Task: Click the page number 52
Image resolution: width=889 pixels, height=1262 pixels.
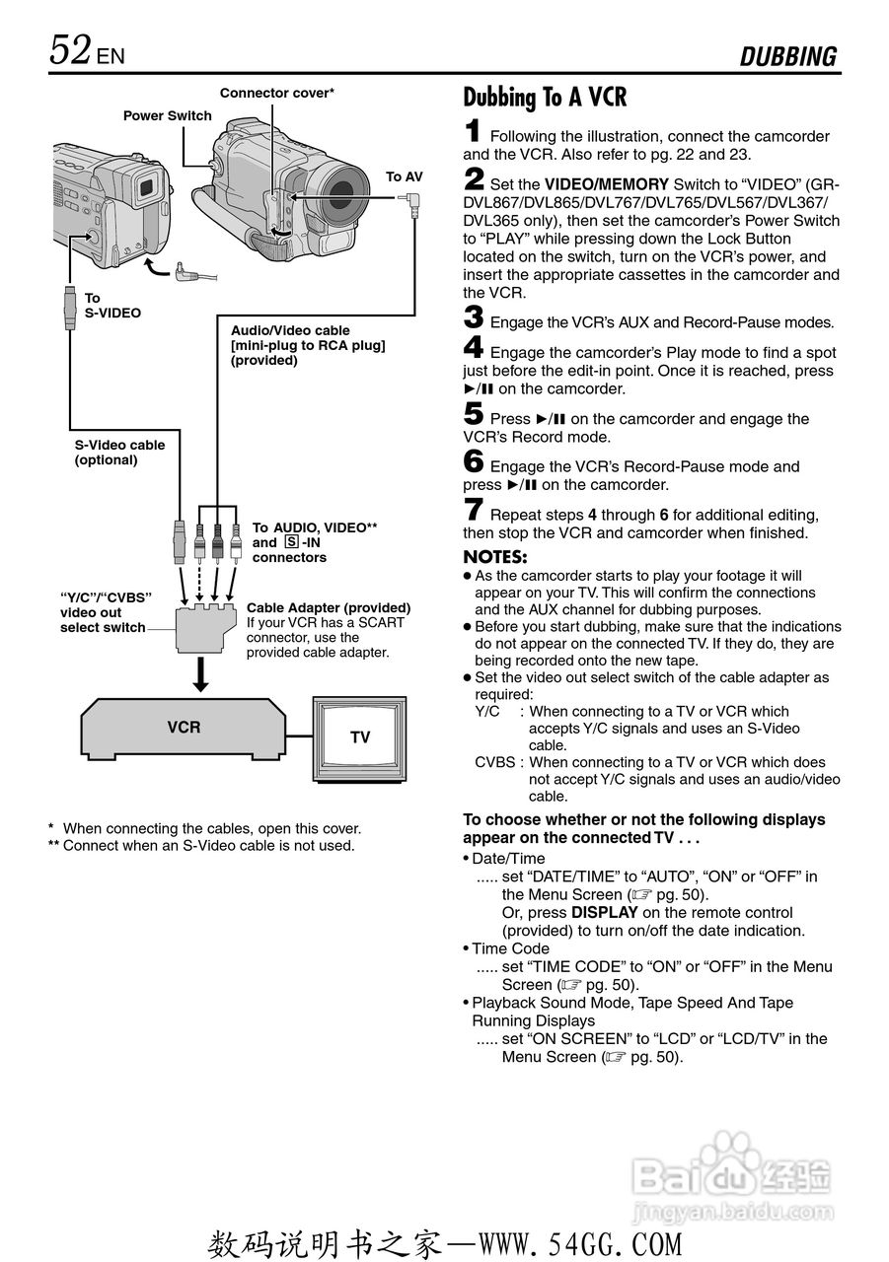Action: click(71, 50)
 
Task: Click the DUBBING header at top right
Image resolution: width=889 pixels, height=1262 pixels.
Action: click(788, 57)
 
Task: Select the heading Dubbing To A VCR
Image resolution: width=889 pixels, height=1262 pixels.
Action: click(545, 98)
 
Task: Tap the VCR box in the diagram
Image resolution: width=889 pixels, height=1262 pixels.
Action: click(184, 728)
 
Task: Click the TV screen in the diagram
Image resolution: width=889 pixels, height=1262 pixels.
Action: click(360, 736)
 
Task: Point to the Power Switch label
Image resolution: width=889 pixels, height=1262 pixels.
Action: click(167, 115)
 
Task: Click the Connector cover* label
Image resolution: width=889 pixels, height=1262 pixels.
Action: click(277, 93)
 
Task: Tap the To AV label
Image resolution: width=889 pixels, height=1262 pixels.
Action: click(404, 176)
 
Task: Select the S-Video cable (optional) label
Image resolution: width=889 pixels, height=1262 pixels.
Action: click(120, 453)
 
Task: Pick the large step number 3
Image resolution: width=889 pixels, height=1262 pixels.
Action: click(474, 318)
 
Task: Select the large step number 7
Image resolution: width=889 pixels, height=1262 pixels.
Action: click(474, 511)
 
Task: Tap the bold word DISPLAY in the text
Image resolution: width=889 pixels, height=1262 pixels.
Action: click(604, 913)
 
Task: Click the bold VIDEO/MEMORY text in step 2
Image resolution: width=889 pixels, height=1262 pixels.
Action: click(607, 184)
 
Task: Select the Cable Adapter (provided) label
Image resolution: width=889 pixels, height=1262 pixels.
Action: click(329, 607)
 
